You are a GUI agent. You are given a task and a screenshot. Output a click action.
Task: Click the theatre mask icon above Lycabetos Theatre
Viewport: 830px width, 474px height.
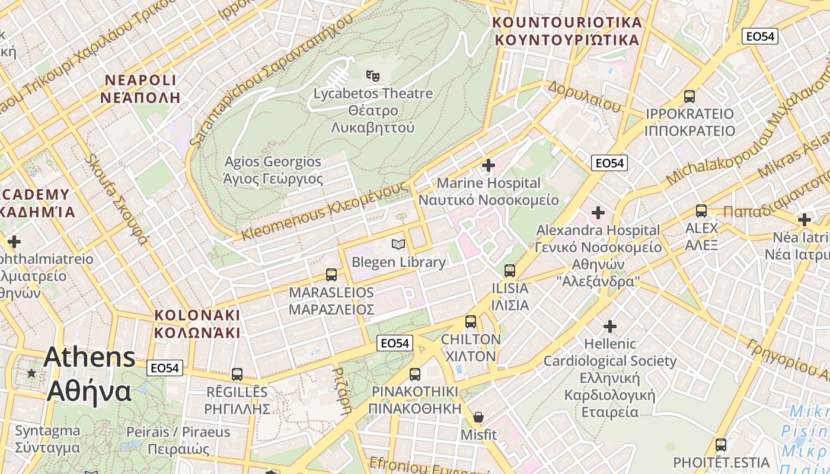[x=373, y=75]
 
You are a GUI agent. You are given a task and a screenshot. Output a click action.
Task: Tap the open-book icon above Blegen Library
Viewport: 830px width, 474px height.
[x=398, y=244]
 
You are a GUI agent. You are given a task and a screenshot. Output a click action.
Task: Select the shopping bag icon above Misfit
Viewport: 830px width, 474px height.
[x=478, y=417]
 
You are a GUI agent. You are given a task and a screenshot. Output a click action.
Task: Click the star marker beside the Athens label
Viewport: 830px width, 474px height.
[x=31, y=373]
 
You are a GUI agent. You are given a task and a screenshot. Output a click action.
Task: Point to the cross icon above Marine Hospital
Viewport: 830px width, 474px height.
[x=489, y=165]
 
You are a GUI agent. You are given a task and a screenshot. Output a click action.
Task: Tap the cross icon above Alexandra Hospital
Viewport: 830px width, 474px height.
[x=598, y=212]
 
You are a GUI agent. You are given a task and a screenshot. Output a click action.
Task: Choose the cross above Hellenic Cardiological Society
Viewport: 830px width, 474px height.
[x=610, y=326]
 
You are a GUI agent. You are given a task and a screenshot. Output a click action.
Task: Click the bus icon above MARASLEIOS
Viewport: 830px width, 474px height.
[x=331, y=275]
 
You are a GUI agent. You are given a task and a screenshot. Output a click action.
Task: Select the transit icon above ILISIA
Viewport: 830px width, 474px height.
[x=509, y=271]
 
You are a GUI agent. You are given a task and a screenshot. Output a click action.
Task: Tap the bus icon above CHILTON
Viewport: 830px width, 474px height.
[x=471, y=322]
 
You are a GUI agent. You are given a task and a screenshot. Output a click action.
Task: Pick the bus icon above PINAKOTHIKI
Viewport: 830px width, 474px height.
[x=415, y=374]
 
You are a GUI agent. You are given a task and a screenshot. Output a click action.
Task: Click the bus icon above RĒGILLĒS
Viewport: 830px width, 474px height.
[x=237, y=374]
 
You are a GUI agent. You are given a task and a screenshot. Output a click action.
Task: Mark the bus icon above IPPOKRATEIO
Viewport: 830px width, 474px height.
[x=689, y=96]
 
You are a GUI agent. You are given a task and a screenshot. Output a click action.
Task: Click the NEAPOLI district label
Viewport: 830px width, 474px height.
[x=140, y=89]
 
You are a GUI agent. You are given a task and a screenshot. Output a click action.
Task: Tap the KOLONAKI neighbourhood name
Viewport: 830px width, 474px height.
[x=197, y=324]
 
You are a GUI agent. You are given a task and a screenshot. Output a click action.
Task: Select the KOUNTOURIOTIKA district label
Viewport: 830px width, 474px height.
[x=567, y=31]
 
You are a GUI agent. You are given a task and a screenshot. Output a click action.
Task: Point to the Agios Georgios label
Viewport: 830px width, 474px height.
[x=273, y=170]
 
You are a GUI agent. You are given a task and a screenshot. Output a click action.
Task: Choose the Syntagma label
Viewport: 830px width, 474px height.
[x=47, y=439]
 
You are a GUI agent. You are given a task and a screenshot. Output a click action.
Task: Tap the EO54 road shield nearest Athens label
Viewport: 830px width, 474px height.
[x=164, y=368]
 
